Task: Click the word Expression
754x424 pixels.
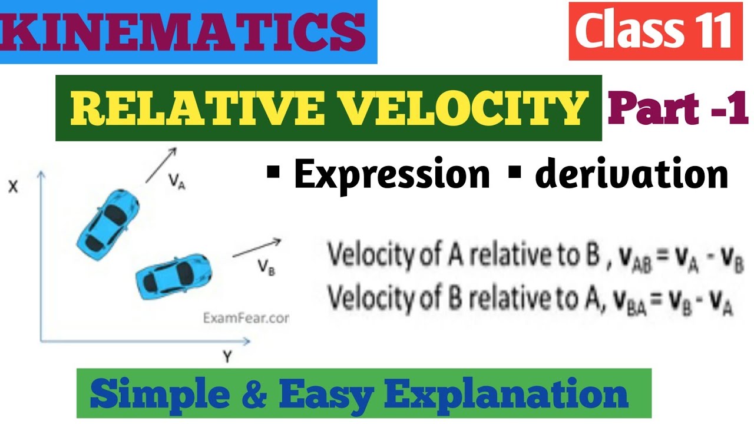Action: coord(392,174)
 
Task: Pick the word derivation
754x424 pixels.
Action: coord(631,174)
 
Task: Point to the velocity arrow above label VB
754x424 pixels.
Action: coord(257,248)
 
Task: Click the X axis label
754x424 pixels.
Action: coord(13,186)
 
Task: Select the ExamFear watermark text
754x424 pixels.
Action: coord(246,318)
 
